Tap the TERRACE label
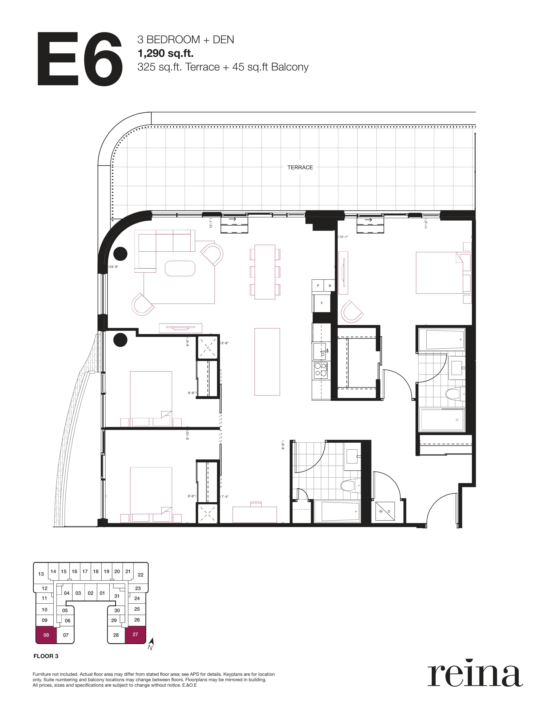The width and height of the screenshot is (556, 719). tap(300, 167)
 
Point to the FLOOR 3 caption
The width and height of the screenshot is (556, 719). tap(46, 656)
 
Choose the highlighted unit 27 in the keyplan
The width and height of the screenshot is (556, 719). tap(135, 634)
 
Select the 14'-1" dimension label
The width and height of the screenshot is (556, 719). tap(343, 237)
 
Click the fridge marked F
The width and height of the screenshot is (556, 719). tap(321, 303)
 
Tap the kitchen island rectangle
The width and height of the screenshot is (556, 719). tap(267, 362)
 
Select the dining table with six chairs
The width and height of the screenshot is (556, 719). tap(265, 272)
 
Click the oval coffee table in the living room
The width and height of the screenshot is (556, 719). tap(180, 268)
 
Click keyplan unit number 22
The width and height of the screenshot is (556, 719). tap(141, 575)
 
